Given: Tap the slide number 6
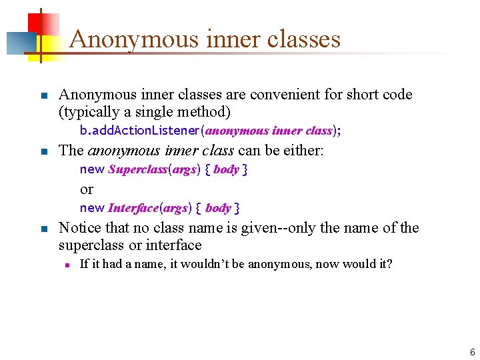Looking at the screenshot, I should [x=472, y=352].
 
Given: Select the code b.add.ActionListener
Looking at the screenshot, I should [x=140, y=131].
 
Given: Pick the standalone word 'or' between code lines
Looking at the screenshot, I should [x=87, y=189].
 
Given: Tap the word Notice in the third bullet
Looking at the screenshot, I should [x=79, y=228].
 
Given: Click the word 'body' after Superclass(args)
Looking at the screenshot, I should [x=226, y=169].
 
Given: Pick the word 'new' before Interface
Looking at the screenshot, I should [x=92, y=208].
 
